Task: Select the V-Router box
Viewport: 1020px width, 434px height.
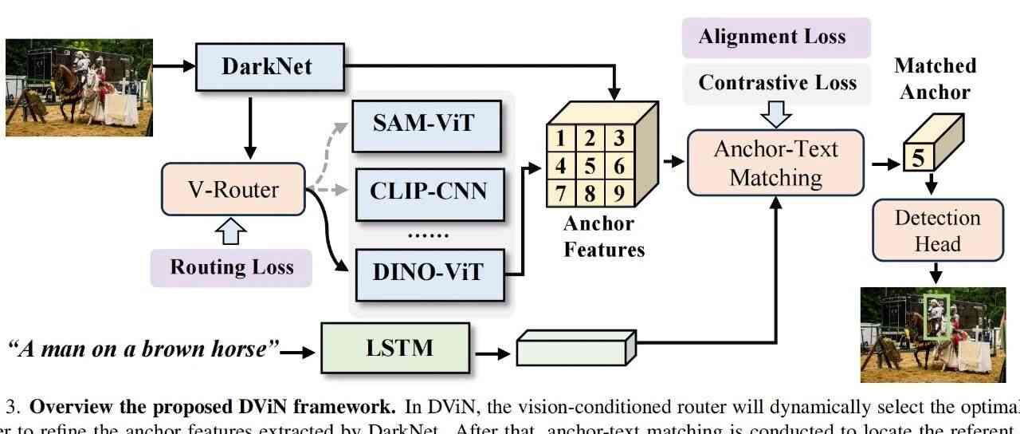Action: [233, 190]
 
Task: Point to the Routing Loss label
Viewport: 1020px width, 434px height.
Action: [231, 266]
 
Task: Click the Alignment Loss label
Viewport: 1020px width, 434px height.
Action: [772, 37]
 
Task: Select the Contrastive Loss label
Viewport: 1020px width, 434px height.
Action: [777, 82]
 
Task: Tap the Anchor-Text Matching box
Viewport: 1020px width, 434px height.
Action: [775, 163]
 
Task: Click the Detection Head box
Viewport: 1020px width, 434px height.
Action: [936, 230]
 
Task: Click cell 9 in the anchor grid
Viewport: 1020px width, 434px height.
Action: [618, 192]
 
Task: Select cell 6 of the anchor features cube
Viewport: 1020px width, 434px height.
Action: [618, 167]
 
